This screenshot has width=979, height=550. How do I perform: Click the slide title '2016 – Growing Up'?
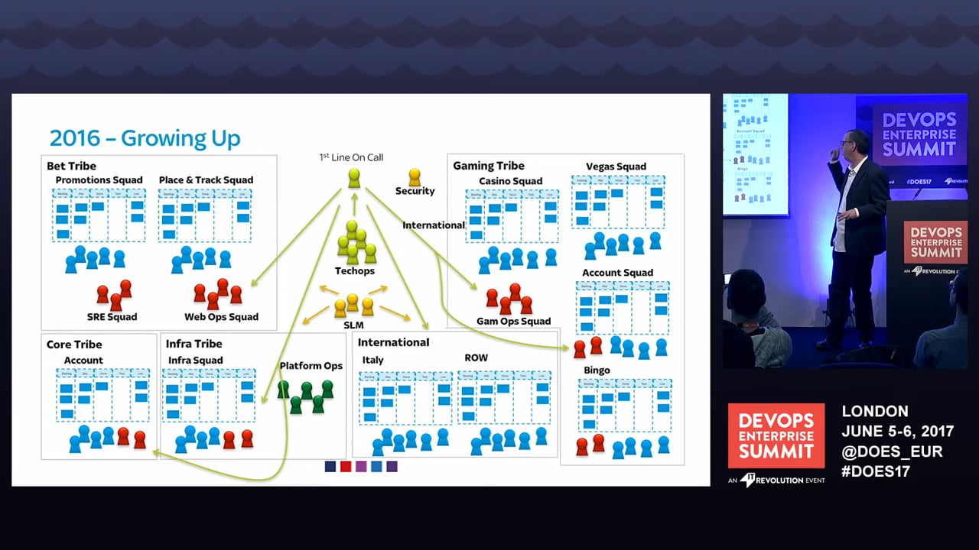point(145,138)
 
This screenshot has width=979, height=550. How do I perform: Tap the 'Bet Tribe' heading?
point(71,166)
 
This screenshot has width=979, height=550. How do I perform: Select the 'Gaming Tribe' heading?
point(489,166)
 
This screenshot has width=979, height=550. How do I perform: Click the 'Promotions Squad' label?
point(99,180)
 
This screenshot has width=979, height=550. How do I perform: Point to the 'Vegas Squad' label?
point(616,167)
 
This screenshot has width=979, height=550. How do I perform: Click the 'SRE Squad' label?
point(112,317)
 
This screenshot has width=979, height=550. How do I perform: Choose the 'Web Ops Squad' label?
point(221,317)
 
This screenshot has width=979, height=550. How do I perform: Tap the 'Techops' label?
point(355,271)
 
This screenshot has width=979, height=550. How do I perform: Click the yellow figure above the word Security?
point(415,177)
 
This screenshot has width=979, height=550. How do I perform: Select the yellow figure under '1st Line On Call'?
point(353,178)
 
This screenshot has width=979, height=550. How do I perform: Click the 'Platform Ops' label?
point(311,366)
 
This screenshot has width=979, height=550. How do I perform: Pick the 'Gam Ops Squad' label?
point(513,322)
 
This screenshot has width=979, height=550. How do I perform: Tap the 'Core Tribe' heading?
point(73,345)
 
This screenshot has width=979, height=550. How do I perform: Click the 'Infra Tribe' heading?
point(194,344)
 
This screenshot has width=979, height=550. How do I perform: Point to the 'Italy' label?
point(372,360)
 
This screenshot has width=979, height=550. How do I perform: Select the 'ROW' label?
point(476,357)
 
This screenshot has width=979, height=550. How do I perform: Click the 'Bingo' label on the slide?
point(597,370)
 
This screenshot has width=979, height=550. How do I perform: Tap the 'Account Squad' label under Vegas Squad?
point(617,273)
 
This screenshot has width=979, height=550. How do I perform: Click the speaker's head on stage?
point(852,144)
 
